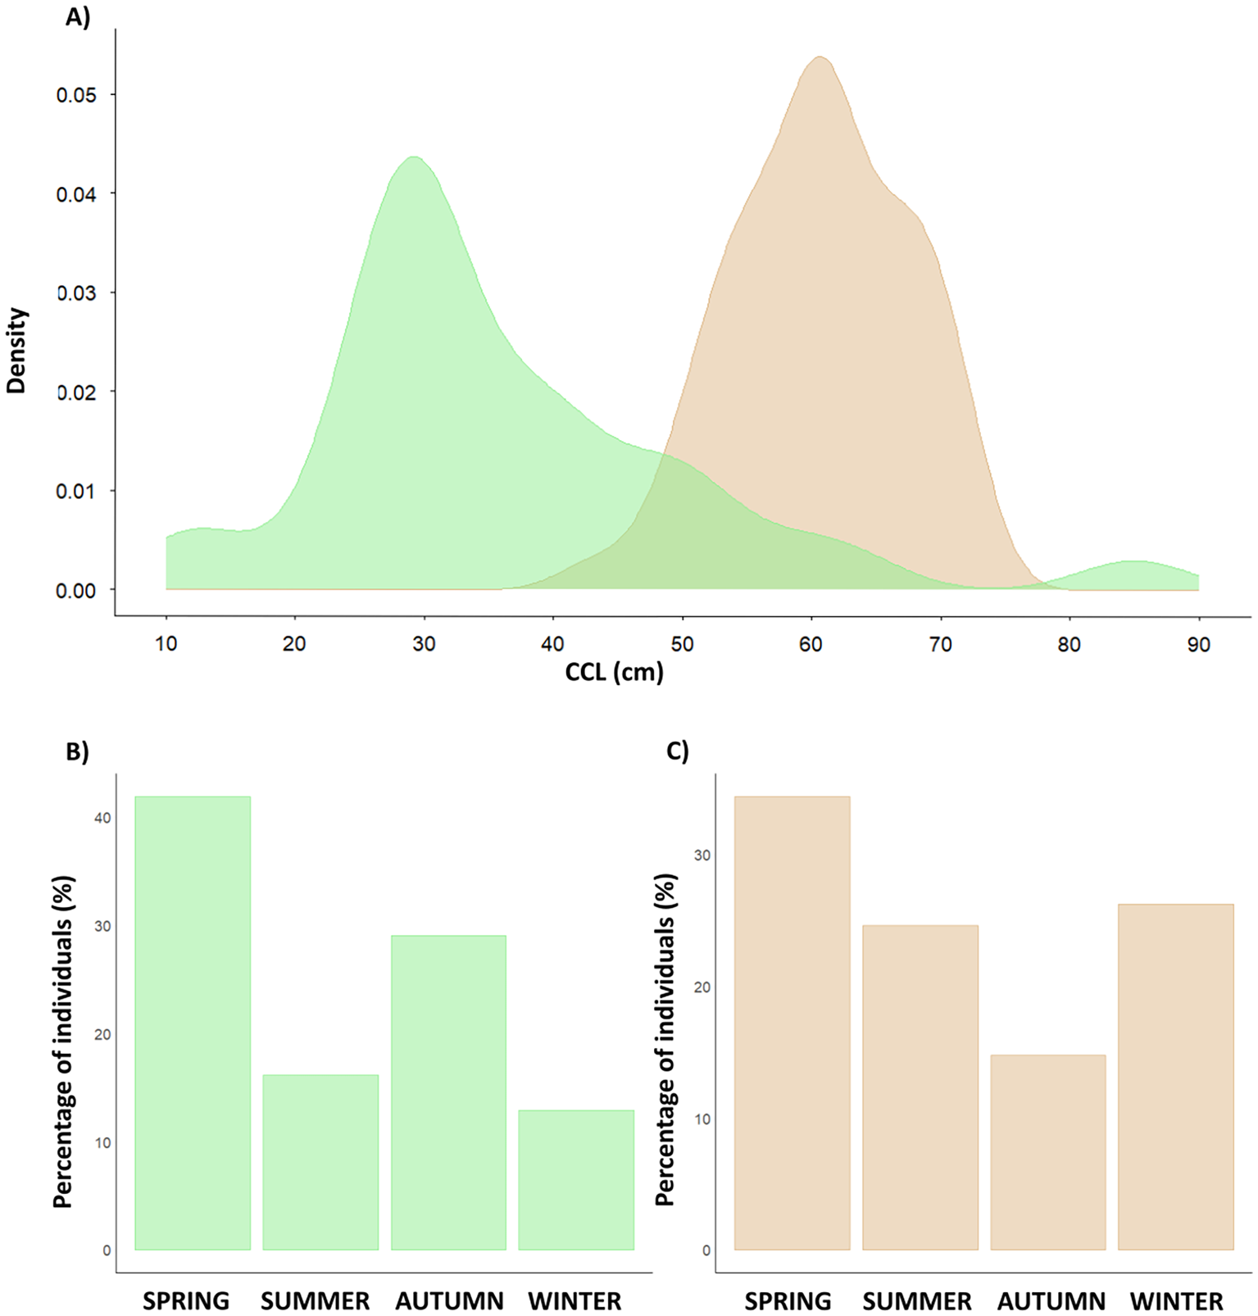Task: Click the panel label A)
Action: click(78, 17)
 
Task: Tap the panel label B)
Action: click(77, 751)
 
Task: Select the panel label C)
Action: click(678, 751)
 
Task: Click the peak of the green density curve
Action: click(415, 157)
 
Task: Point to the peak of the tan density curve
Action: click(820, 57)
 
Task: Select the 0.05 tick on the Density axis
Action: click(76, 95)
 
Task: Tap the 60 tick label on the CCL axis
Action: click(811, 645)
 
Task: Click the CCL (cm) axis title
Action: click(614, 673)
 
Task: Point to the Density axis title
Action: click(16, 351)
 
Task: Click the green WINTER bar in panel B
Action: click(576, 1180)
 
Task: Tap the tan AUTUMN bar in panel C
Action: click(1047, 1151)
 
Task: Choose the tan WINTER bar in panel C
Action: click(1175, 1077)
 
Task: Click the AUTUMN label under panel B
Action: click(449, 1301)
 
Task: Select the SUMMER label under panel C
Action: click(916, 1301)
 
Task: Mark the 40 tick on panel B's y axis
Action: click(102, 818)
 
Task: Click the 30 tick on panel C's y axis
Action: click(702, 855)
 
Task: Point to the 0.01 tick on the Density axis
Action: click(76, 491)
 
